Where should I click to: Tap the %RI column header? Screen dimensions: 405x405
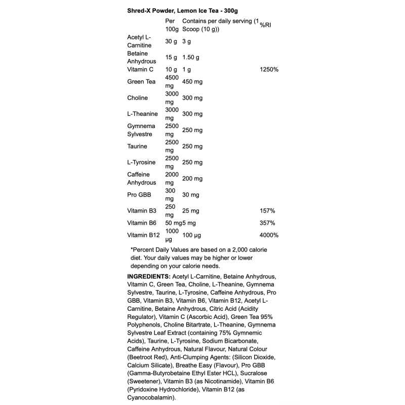tap(266, 25)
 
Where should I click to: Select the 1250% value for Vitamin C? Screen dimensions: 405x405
tap(268, 69)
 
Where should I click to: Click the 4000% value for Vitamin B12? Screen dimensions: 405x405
tap(268, 235)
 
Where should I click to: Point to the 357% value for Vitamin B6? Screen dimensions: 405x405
tap(267, 223)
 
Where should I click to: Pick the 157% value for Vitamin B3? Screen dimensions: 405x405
tap(267, 210)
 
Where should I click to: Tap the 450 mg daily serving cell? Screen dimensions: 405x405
tap(192, 82)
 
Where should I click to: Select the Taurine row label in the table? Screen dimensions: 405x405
tap(137, 146)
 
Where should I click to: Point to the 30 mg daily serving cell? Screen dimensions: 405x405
tap(190, 194)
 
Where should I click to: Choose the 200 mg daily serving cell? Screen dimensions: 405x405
tap(192, 178)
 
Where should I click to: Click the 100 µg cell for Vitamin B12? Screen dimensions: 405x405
tap(191, 235)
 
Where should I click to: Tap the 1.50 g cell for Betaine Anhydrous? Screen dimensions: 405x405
tap(191, 57)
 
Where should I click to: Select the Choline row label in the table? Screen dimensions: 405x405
tap(138, 98)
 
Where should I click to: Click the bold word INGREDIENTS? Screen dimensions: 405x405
tap(148, 276)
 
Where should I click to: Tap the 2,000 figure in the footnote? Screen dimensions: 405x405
tap(231, 250)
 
